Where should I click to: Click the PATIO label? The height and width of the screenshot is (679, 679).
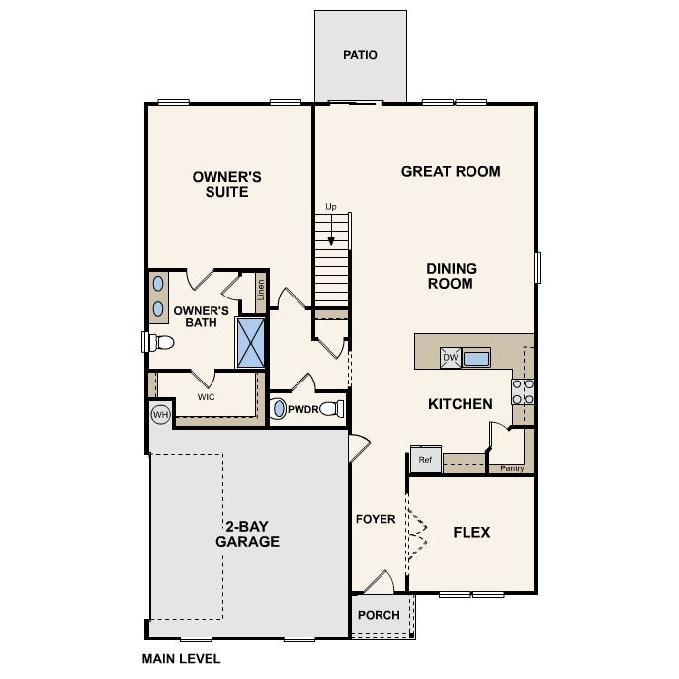[360, 55]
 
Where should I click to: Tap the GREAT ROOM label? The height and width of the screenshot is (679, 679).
[451, 171]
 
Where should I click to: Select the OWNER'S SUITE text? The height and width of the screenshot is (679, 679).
[226, 184]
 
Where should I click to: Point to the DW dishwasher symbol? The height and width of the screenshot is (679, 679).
[450, 358]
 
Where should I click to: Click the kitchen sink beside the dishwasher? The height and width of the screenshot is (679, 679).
[478, 358]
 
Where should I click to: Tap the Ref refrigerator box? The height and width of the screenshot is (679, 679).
[425, 460]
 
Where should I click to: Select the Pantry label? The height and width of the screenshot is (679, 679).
[512, 468]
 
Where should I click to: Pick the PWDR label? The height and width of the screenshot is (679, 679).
[302, 408]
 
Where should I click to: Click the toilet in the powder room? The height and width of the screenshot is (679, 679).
[332, 408]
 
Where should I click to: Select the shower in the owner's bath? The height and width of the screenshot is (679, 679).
[250, 342]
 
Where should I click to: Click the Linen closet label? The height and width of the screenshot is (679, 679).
[261, 291]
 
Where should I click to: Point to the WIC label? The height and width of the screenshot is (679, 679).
[206, 397]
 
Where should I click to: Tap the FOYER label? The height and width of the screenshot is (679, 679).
[376, 519]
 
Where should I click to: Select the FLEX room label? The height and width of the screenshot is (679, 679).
[471, 532]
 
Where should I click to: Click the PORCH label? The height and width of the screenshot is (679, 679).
[379, 615]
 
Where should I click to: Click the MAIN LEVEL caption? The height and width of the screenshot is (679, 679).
[181, 658]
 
